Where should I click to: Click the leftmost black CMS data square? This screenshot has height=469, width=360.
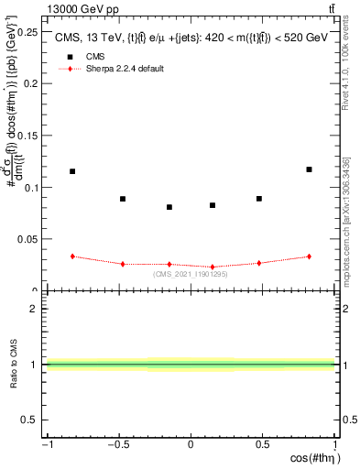pos(72,171)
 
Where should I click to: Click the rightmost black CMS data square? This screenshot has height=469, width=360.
pos(310,169)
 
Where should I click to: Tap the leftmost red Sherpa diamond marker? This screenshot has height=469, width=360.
pos(72,256)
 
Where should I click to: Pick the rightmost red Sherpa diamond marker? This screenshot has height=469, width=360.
pos(310,256)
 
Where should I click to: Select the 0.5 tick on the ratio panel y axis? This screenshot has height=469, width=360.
pos(32,420)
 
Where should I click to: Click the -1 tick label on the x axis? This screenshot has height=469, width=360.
pos(46,445)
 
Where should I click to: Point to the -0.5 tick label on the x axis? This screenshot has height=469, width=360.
pos(118,445)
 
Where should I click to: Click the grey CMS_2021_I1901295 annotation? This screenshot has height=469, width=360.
pos(191,274)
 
